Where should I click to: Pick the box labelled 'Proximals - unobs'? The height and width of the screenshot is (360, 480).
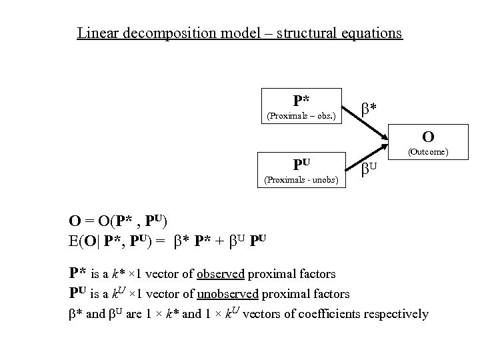coord(300,169)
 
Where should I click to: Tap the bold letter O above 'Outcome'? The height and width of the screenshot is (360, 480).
coord(428,137)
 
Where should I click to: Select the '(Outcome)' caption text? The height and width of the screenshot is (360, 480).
coord(428,152)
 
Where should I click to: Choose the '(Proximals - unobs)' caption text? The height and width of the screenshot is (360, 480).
coord(301,179)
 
